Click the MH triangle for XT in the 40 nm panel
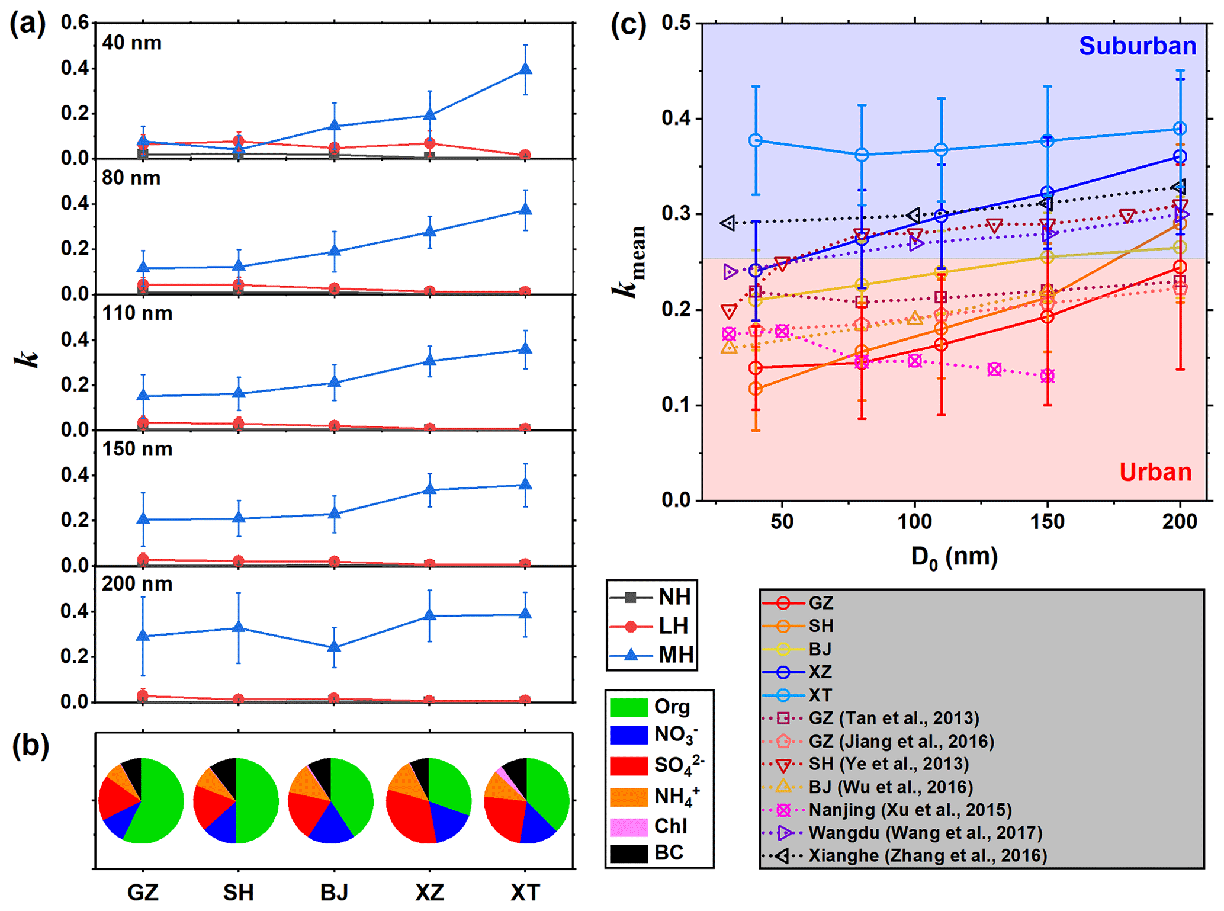point(525,69)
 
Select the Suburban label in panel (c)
point(1137,46)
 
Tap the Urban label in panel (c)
point(1155,472)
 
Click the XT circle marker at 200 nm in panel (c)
point(1180,129)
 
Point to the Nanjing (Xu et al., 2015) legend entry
point(910,810)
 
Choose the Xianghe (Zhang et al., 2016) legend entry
point(927,856)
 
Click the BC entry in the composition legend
point(669,853)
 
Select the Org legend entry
point(672,707)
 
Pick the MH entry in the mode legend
point(676,655)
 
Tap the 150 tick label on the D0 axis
point(1048,522)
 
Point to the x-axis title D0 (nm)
point(954,557)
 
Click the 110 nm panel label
point(137,313)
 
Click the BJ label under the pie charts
point(334,892)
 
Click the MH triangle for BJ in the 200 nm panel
point(334,646)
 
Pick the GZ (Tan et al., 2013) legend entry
point(894,718)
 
